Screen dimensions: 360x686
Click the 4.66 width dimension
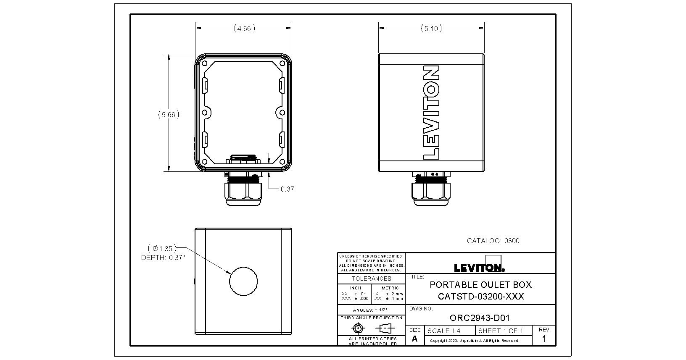click(x=243, y=29)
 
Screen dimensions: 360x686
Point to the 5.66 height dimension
click(x=169, y=114)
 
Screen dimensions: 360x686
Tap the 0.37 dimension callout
click(x=287, y=189)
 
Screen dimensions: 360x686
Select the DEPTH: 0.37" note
click(x=163, y=258)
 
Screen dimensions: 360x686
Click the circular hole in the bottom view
click(x=243, y=281)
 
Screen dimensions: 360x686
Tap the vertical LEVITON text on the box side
click(x=431, y=113)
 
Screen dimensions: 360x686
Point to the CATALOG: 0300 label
click(x=493, y=241)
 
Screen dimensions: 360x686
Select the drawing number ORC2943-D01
click(x=480, y=318)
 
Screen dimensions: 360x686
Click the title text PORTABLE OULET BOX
click(x=480, y=284)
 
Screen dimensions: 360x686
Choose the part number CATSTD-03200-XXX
click(x=481, y=297)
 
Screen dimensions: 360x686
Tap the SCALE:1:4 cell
click(x=443, y=331)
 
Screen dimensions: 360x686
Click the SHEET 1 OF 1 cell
click(x=501, y=331)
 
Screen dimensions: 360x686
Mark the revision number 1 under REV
click(x=544, y=339)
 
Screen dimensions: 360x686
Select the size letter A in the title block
click(x=414, y=339)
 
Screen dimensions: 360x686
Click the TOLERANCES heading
click(x=371, y=279)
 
